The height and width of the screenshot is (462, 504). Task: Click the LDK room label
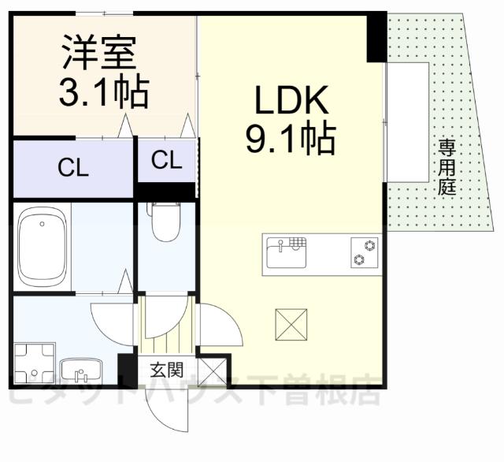[x=290, y=102]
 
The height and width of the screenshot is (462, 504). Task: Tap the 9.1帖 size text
[x=290, y=140]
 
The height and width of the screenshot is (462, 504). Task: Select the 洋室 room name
[x=101, y=54]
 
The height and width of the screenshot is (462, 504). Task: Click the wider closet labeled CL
[x=72, y=167]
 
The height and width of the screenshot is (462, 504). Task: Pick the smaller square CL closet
[x=166, y=161]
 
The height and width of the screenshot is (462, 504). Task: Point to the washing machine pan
[x=35, y=362]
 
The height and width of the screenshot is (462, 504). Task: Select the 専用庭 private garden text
[x=447, y=168]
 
